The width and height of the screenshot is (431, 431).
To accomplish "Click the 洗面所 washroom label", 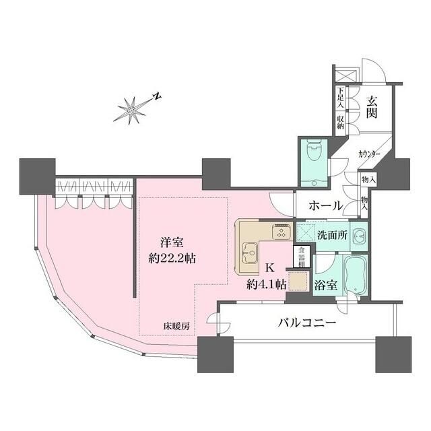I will [x=333, y=236].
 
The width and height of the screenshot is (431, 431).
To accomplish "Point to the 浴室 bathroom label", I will [x=327, y=284].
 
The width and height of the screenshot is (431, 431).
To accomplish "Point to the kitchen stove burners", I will [x=279, y=232].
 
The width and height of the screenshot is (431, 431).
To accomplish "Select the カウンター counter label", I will [x=370, y=155].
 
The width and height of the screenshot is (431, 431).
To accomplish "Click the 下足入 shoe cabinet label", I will [x=341, y=98].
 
